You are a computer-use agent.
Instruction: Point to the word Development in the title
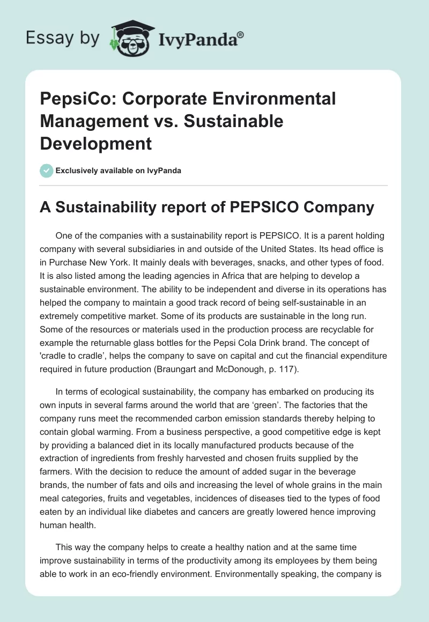(x=96, y=144)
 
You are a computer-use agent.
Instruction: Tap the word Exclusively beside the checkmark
(x=76, y=171)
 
